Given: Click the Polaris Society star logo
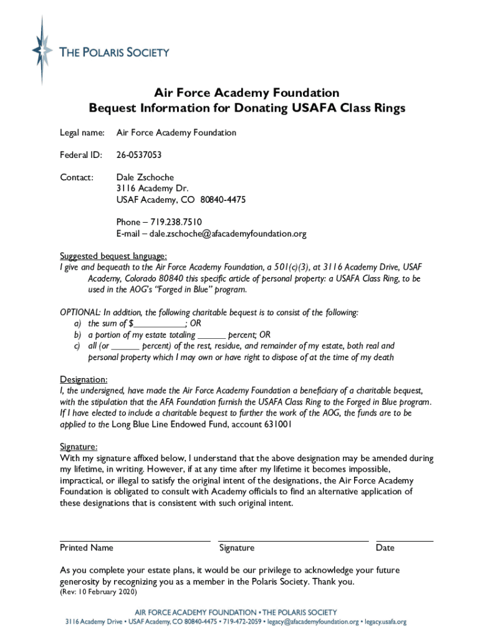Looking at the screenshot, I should [x=42, y=50].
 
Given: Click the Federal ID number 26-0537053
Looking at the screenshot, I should [x=141, y=155].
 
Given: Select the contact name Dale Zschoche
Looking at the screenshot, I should [x=145, y=177].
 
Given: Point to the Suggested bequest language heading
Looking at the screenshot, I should [x=113, y=256].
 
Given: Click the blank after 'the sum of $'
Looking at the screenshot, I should [x=160, y=323].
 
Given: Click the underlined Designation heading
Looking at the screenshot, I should [x=84, y=379].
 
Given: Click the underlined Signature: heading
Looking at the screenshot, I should [x=79, y=447].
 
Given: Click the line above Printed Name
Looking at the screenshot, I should [x=135, y=540].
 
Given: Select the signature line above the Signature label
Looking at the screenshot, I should [x=294, y=540].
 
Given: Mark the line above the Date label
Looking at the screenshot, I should [x=405, y=540].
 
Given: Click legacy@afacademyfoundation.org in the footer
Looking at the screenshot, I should [x=314, y=622].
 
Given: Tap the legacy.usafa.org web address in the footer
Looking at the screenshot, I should [x=385, y=622].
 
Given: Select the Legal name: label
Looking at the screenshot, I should [x=82, y=132].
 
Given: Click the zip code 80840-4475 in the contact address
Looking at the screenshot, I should [x=223, y=200].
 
